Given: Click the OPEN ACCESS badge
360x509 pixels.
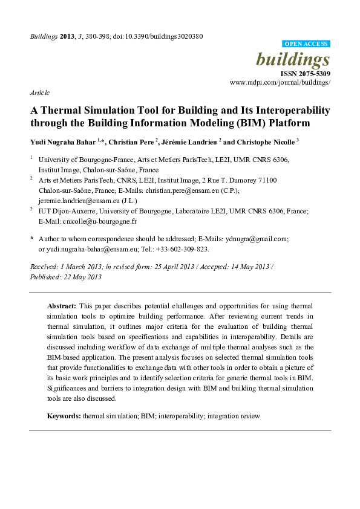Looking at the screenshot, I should click(307, 44).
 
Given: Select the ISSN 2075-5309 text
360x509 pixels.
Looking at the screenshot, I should click(306, 73).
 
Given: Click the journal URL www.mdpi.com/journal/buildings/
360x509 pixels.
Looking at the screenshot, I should click(280, 82).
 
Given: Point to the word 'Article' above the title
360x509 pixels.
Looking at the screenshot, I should click(39, 93).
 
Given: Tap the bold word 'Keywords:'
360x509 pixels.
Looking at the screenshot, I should click(64, 417).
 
